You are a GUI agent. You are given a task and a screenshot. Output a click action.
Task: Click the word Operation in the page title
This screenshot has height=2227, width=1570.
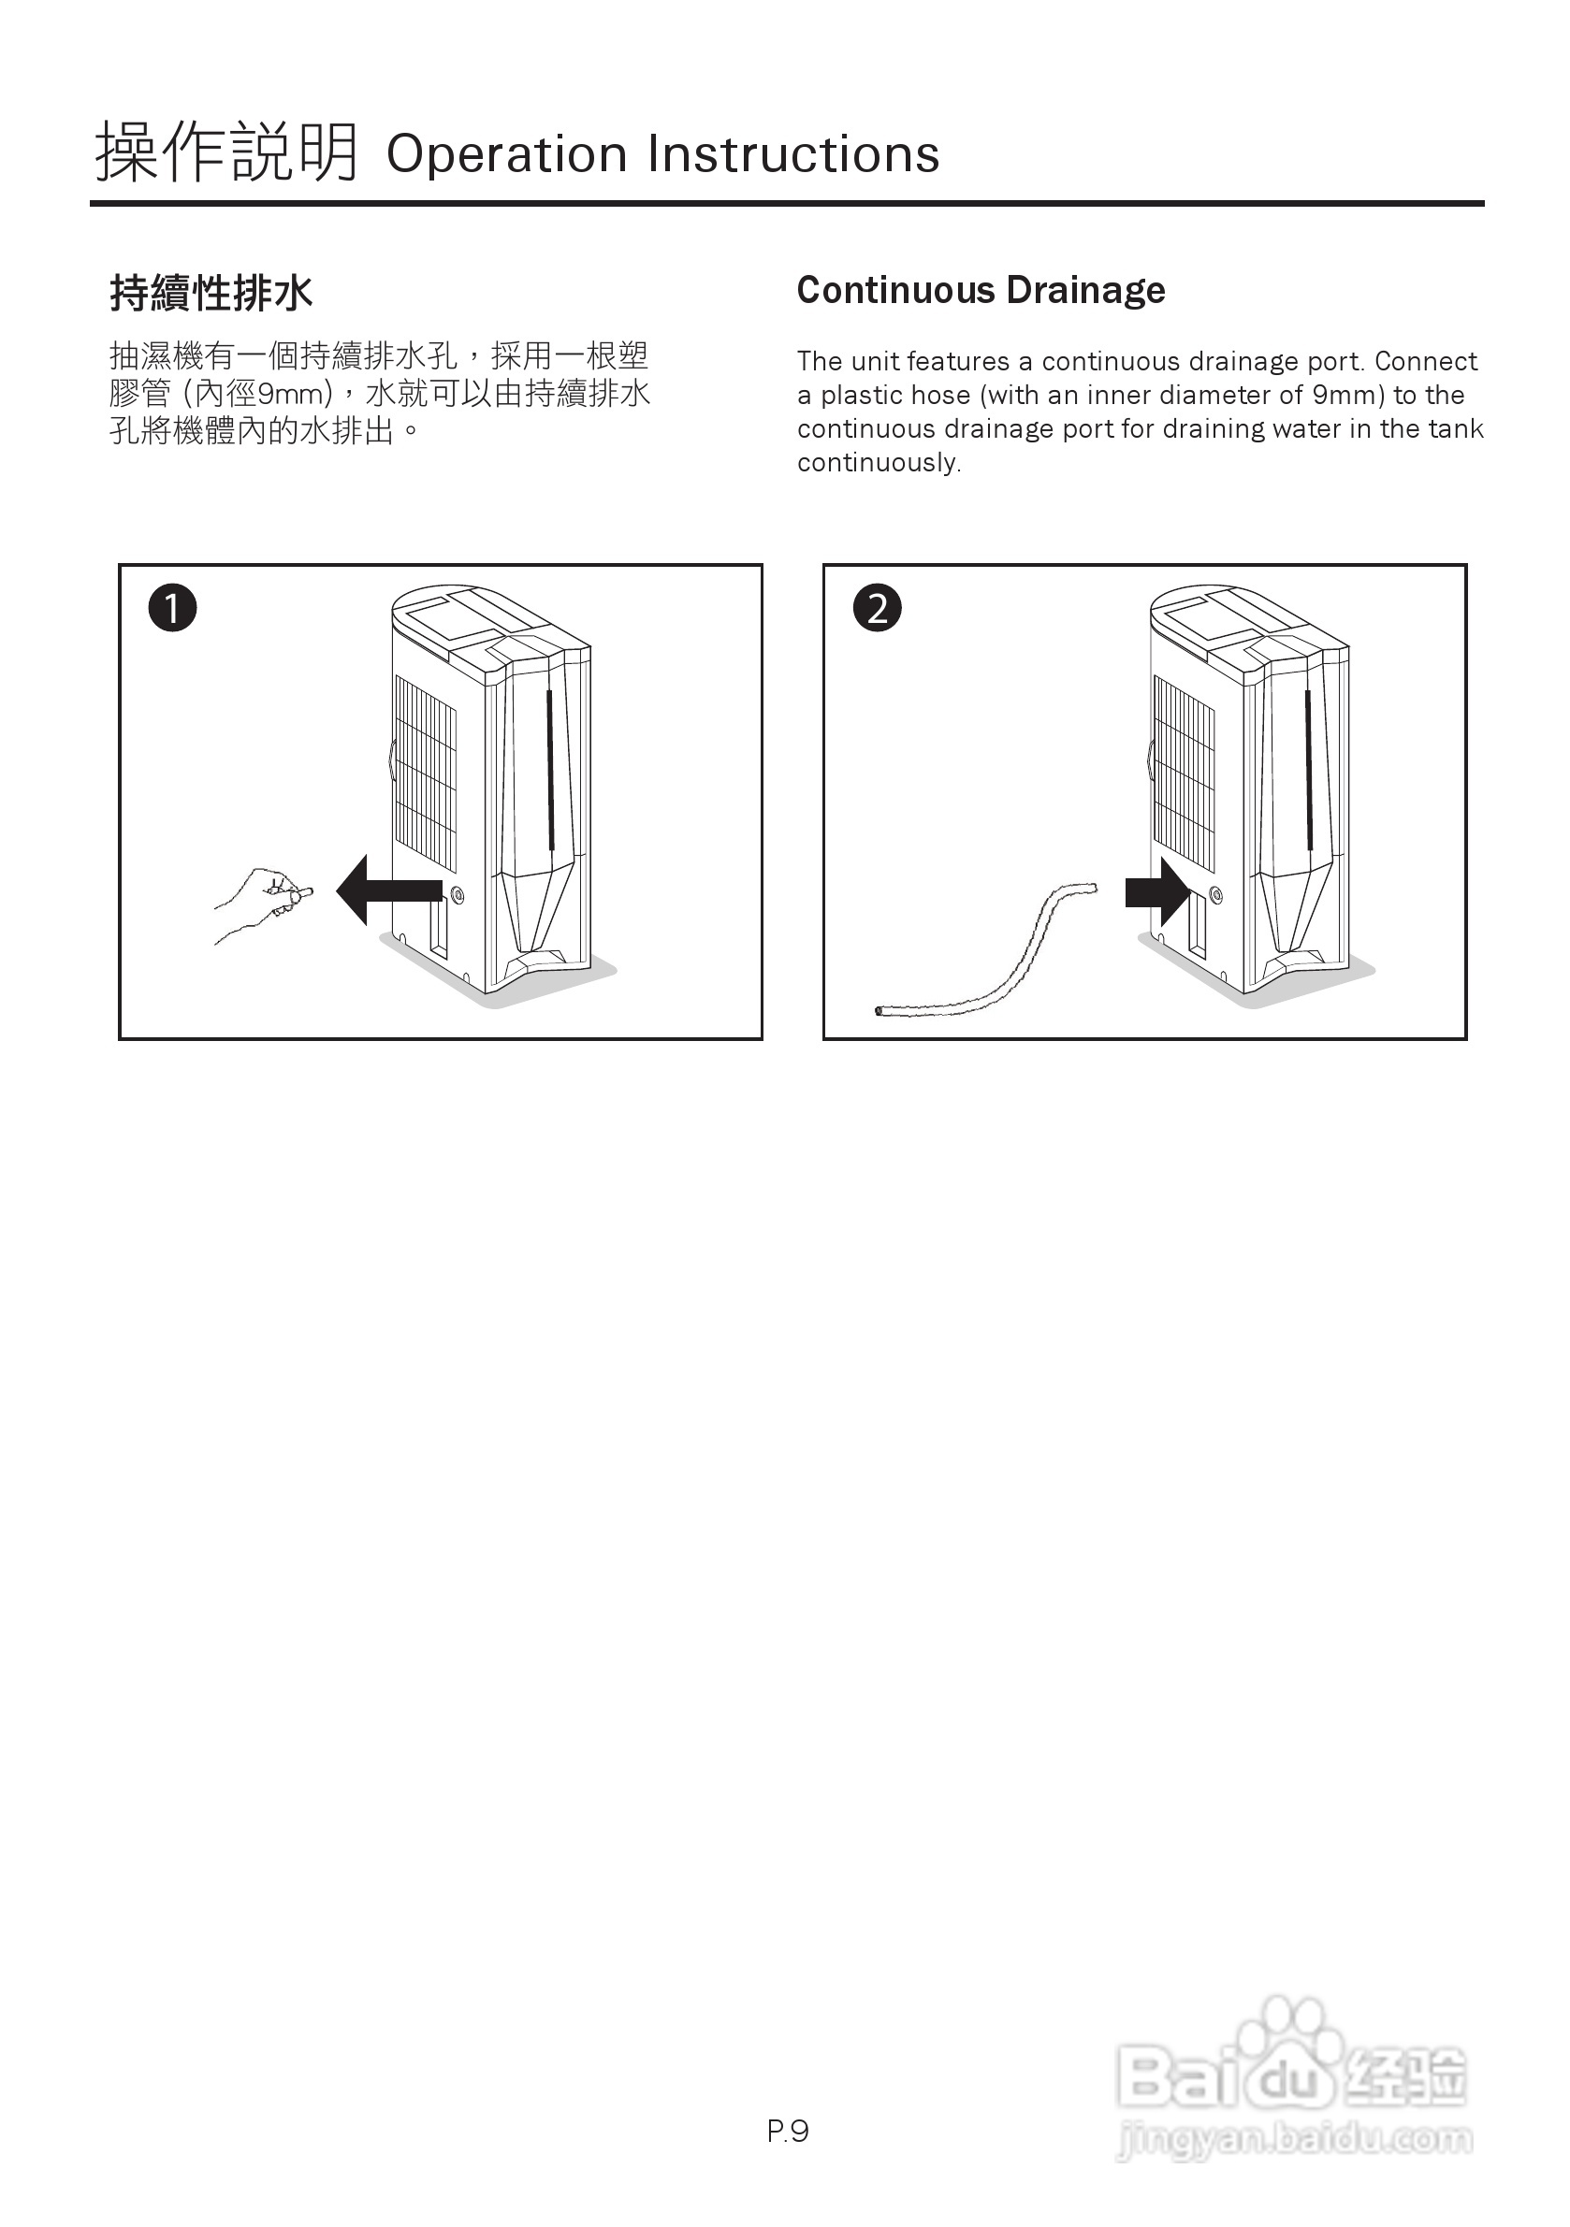505,155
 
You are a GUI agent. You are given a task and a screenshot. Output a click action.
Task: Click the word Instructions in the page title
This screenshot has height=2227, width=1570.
792,155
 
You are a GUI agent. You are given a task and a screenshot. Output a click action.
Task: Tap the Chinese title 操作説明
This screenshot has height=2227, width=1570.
226,153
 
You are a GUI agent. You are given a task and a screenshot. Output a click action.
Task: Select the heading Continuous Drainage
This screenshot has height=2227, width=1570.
980,290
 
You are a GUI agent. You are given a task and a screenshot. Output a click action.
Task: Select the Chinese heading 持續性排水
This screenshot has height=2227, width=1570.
211,293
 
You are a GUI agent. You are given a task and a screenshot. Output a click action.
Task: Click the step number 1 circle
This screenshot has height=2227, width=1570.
173,608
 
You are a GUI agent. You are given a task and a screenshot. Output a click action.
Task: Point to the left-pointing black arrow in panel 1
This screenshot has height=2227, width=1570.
388,889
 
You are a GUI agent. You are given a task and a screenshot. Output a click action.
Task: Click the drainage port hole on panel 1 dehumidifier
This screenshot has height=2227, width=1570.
457,894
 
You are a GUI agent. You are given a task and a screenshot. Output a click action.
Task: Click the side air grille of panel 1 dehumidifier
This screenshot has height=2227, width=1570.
425,772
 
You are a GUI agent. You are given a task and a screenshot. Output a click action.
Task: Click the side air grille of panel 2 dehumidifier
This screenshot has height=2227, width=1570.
1183,772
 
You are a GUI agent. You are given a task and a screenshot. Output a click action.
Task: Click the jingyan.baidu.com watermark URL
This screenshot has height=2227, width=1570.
1294,2140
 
